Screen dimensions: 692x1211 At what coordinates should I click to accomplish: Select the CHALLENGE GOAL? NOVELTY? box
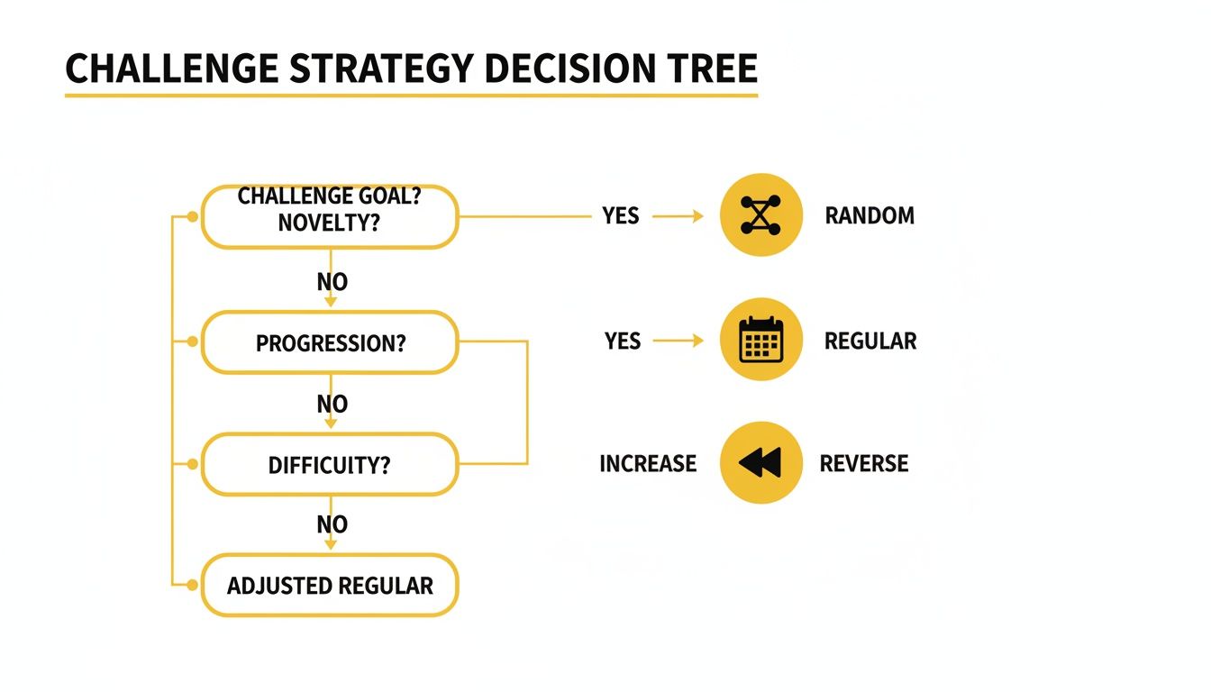click(x=330, y=216)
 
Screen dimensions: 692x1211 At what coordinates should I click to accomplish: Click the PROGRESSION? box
click(x=330, y=342)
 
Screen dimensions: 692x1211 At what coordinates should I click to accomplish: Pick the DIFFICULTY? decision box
click(x=330, y=464)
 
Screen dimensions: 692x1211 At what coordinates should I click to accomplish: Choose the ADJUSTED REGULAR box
click(x=330, y=586)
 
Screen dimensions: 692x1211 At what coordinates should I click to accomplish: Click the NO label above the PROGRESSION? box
click(x=332, y=282)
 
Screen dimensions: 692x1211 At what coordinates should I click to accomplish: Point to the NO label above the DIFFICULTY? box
click(x=332, y=405)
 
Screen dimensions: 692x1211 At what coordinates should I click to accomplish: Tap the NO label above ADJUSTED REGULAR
click(x=332, y=524)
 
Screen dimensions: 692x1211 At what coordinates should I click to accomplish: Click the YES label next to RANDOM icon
click(x=621, y=216)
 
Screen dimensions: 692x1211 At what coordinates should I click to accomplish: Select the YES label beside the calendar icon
click(x=623, y=341)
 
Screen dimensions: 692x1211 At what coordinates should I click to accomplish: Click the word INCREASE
click(x=648, y=464)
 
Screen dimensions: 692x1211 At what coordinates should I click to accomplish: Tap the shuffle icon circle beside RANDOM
click(x=761, y=215)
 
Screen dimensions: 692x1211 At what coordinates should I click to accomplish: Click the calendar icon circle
click(x=761, y=340)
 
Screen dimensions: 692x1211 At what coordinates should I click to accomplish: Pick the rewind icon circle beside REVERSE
click(x=761, y=463)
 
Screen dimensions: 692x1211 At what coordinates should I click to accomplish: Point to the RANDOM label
click(x=870, y=216)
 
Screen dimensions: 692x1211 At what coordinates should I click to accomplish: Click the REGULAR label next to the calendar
click(x=870, y=341)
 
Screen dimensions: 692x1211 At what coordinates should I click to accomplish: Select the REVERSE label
click(x=864, y=464)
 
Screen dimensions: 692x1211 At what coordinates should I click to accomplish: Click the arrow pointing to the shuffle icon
click(x=678, y=216)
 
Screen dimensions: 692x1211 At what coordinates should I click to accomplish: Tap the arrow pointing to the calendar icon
click(x=678, y=341)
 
